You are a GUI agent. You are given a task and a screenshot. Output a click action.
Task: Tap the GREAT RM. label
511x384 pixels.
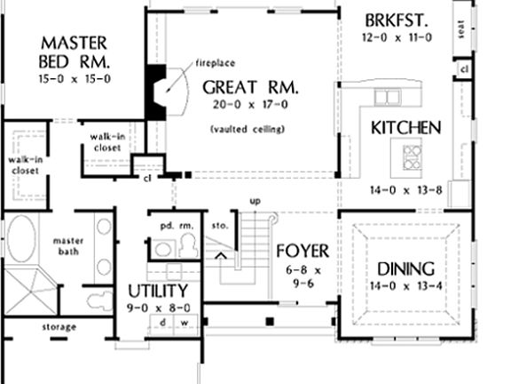(250, 87)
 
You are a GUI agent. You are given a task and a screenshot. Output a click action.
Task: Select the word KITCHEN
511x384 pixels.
(405, 127)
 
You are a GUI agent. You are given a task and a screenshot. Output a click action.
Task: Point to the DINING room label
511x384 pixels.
(405, 268)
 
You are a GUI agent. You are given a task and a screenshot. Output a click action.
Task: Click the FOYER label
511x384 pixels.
(303, 250)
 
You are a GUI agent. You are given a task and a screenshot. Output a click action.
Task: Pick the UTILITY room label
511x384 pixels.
(158, 291)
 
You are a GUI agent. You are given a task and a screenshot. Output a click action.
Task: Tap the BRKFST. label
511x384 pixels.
(397, 19)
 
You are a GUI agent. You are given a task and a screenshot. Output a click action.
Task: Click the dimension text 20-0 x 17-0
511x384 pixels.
(248, 105)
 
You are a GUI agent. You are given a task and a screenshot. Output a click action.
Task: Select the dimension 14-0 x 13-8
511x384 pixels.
(405, 189)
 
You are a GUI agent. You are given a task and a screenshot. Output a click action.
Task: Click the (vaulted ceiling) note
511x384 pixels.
(248, 130)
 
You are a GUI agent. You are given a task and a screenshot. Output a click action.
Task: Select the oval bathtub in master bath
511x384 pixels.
(21, 241)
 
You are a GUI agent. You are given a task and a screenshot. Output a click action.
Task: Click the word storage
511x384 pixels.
(59, 326)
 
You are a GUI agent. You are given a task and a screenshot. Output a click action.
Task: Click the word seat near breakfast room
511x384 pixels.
(460, 29)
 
